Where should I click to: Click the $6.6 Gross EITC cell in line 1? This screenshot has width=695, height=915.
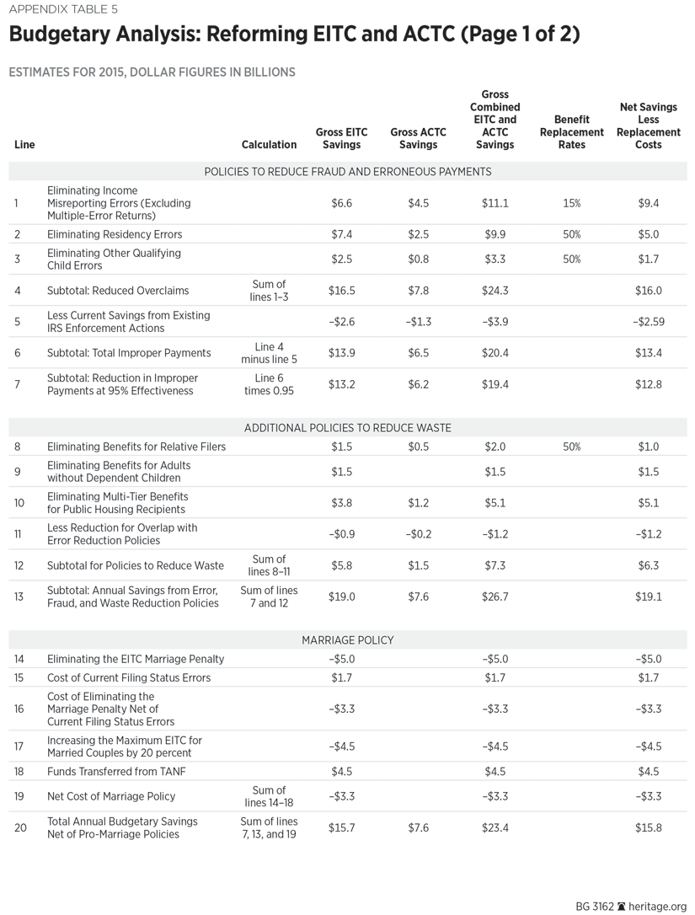(341, 203)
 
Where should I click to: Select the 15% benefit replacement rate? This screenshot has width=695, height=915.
(572, 203)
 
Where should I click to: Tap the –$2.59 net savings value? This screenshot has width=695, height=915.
(648, 321)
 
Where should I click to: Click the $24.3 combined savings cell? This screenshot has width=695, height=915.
(495, 291)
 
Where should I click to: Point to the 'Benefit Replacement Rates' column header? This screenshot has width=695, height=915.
(572, 132)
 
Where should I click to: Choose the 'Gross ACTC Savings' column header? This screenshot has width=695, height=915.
(418, 138)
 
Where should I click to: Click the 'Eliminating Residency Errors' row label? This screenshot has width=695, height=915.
(115, 234)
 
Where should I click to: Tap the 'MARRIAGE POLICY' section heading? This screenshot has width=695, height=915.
(348, 640)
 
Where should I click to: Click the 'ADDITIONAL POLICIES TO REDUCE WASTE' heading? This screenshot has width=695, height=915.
(348, 428)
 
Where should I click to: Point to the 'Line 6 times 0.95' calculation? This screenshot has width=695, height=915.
(270, 384)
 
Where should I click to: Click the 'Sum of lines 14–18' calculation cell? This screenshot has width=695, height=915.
(270, 796)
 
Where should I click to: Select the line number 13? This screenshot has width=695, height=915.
(19, 597)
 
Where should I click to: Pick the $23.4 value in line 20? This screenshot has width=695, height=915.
(495, 828)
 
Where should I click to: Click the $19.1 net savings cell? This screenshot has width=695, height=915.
(648, 597)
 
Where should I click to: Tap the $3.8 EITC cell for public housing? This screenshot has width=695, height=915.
(341, 503)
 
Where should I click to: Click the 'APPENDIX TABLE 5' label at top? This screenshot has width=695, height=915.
(64, 10)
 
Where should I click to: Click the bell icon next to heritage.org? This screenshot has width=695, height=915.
(621, 907)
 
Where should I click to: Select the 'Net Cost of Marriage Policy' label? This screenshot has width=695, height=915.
(112, 796)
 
